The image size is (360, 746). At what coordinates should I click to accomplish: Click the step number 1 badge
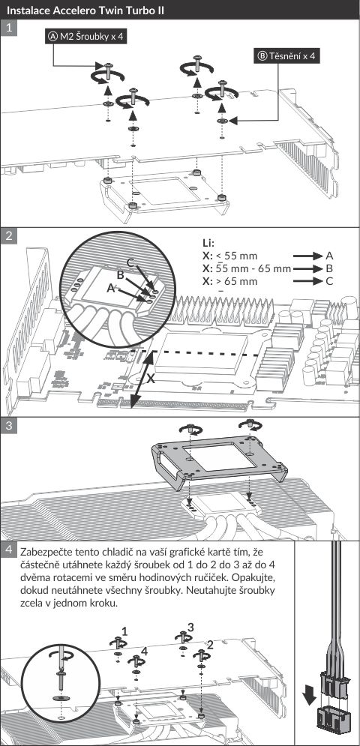tap(8, 29)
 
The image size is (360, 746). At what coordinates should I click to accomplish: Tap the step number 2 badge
tap(8, 236)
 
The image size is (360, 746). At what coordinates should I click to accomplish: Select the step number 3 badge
tap(8, 426)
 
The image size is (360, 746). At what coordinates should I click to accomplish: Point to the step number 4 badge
tap(8, 550)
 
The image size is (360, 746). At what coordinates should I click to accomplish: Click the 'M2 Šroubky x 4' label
tap(86, 37)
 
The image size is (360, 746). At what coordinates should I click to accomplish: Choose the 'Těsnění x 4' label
tap(286, 55)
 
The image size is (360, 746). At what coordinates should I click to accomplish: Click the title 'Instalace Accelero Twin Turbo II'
tap(86, 10)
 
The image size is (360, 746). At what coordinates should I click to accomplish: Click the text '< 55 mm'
tap(235, 256)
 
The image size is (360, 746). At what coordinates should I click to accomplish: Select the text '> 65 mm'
tap(237, 281)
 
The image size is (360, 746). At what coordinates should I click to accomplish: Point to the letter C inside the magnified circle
tap(130, 262)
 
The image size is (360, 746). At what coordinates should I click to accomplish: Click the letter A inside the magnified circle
tap(110, 287)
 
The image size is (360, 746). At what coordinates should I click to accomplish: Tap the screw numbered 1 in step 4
tap(117, 645)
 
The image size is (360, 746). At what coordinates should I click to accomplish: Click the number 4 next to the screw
tap(145, 652)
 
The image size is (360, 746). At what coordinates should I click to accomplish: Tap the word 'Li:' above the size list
tap(208, 243)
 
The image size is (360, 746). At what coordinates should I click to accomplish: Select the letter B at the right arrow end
tap(329, 268)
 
